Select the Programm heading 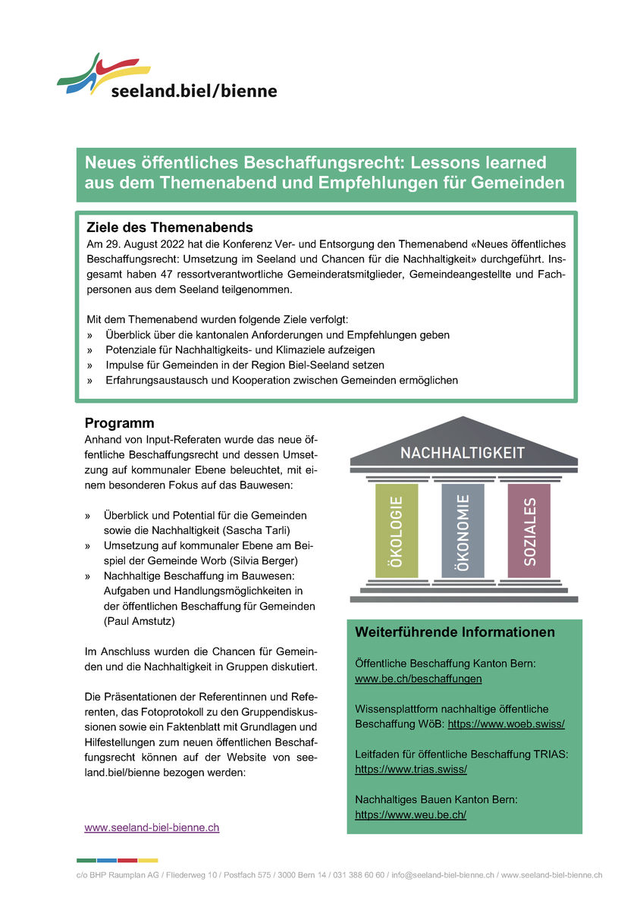(x=119, y=423)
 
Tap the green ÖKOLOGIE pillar (x=396, y=531)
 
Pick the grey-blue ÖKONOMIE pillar (x=463, y=531)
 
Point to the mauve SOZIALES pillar (x=529, y=531)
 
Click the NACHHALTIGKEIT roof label (x=463, y=453)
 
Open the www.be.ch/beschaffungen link (x=418, y=679)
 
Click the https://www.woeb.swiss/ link (x=506, y=724)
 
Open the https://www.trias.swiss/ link (x=410, y=769)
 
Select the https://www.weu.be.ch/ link (x=410, y=814)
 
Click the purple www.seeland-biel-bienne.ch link (x=152, y=828)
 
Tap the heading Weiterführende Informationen (x=455, y=632)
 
